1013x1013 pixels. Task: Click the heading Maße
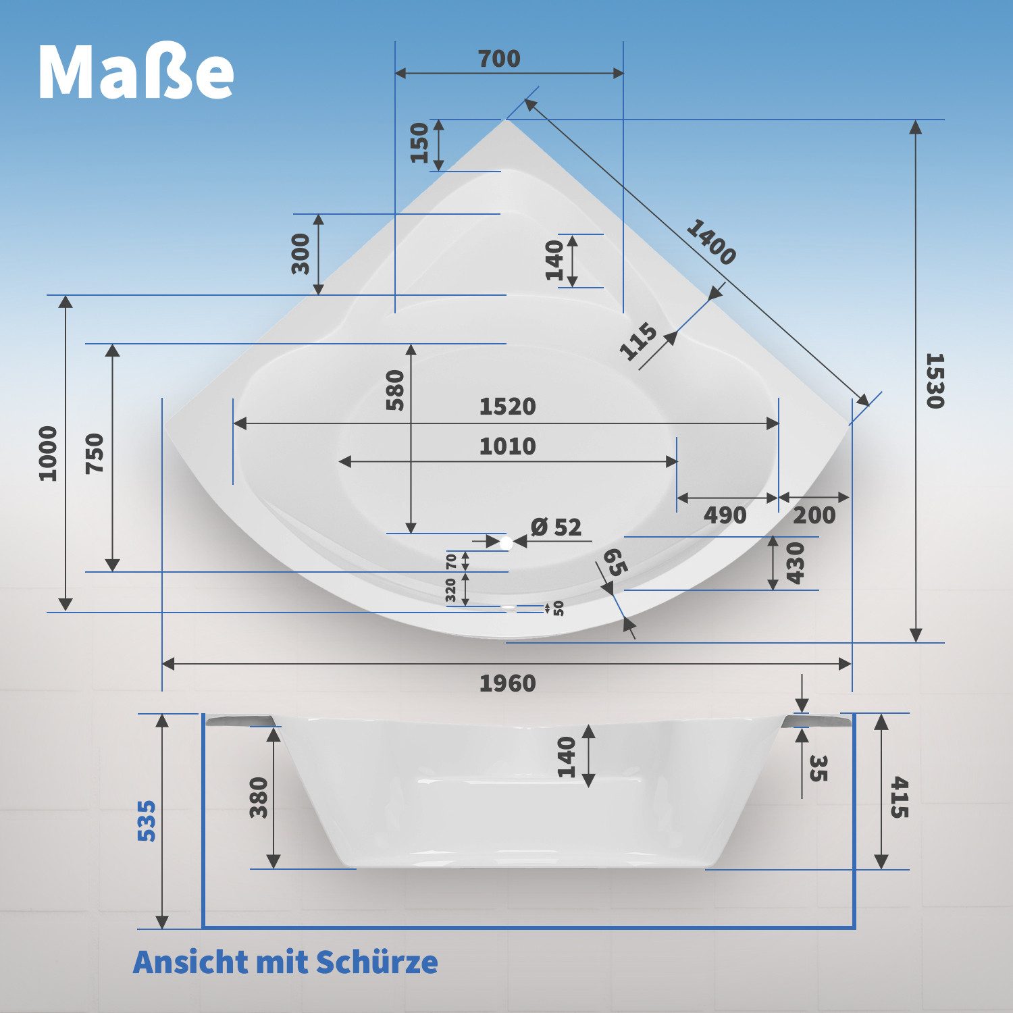click(x=136, y=72)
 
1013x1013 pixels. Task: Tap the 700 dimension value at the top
click(x=499, y=59)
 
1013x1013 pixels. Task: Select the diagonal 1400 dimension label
click(x=710, y=242)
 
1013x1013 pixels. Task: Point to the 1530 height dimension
click(x=934, y=380)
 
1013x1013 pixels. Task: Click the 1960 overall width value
click(x=507, y=683)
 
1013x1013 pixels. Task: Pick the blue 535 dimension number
click(x=147, y=821)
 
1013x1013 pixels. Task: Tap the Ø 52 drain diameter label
click(x=556, y=527)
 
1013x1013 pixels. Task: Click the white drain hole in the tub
click(x=506, y=541)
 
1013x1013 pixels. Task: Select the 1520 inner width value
click(x=507, y=407)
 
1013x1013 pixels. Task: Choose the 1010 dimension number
click(x=507, y=446)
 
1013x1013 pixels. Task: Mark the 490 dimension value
click(x=725, y=515)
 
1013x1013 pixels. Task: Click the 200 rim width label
click(x=814, y=515)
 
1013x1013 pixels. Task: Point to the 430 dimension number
click(x=796, y=563)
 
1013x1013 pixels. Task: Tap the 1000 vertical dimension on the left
click(x=48, y=453)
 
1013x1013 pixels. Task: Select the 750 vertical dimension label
click(x=95, y=453)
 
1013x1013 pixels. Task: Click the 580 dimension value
click(x=395, y=390)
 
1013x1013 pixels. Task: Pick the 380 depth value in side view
click(x=259, y=798)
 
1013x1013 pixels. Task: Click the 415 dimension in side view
click(x=899, y=798)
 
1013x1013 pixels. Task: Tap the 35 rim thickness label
click(x=818, y=768)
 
